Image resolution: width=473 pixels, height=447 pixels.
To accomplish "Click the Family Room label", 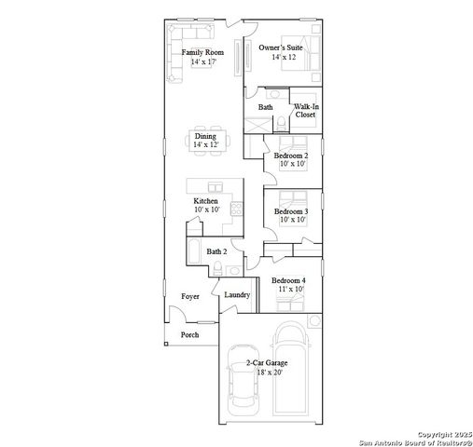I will [x=202, y=53].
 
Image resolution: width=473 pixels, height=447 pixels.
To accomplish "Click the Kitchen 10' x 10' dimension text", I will [x=205, y=210].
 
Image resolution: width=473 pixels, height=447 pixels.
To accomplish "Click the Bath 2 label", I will [x=216, y=251].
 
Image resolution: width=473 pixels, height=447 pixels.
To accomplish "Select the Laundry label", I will [x=236, y=295].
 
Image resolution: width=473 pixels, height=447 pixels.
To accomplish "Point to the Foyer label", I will [x=190, y=296].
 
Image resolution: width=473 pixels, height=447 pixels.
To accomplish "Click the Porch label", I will [x=189, y=334].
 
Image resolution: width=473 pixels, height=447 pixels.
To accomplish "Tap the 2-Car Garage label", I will [x=266, y=362].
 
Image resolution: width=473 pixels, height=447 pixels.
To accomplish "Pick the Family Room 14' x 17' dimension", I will [x=202, y=62].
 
